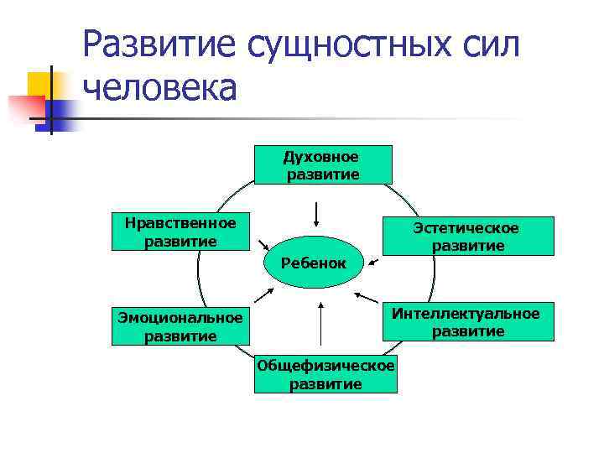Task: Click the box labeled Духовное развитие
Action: click(322, 165)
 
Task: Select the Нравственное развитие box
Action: click(180, 232)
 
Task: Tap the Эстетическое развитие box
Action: click(468, 237)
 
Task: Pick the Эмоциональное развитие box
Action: click(180, 326)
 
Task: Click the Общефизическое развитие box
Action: click(325, 375)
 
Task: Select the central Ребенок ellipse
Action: click(314, 263)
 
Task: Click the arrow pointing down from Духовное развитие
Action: click(315, 213)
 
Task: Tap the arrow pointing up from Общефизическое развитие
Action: click(319, 321)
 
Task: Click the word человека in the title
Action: click(160, 86)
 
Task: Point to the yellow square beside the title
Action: click(40, 84)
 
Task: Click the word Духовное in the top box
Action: click(321, 157)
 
